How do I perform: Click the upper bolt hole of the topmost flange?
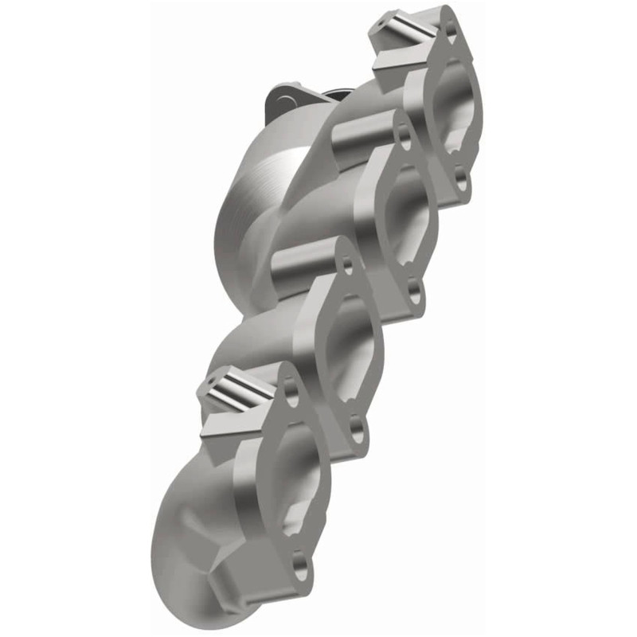point(451,29)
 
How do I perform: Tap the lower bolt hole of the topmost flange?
point(459,178)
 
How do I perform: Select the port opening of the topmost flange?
point(455,107)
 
